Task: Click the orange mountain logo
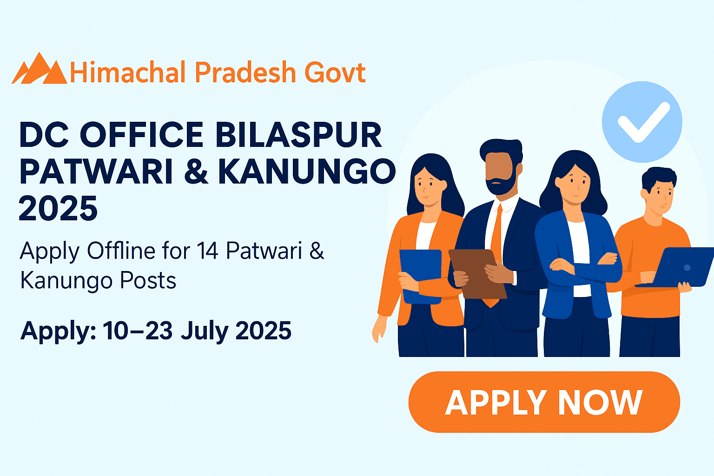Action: pyautogui.click(x=40, y=70)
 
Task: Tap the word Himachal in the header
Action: pyautogui.click(x=128, y=73)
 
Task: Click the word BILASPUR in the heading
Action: pyautogui.click(x=298, y=135)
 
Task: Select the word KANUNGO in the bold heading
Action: pyautogui.click(x=307, y=172)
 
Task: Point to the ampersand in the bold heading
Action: pyautogui.click(x=196, y=172)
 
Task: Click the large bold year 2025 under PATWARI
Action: pyautogui.click(x=58, y=209)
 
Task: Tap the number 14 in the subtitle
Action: pyautogui.click(x=207, y=251)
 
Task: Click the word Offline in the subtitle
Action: pyautogui.click(x=121, y=251)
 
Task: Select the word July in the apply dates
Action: pyautogui.click(x=205, y=331)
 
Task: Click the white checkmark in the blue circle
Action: pyautogui.click(x=643, y=122)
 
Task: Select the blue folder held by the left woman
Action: pyautogui.click(x=421, y=274)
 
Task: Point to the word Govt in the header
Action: pyautogui.click(x=335, y=73)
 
